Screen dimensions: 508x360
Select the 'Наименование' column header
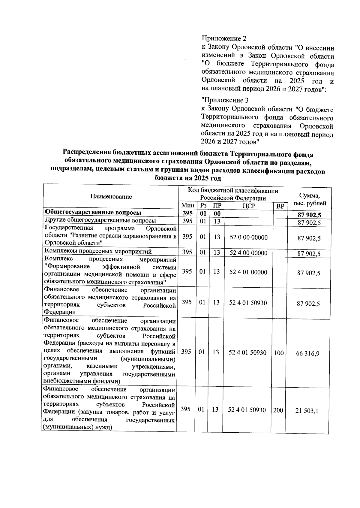111,197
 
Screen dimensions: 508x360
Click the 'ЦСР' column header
249,206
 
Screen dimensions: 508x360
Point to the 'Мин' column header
188,206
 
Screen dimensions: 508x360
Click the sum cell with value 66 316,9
308,353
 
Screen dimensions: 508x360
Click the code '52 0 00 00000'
249,237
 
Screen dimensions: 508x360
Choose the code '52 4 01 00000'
248,272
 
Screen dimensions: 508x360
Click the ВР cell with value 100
279,353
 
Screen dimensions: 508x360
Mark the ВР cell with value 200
278,410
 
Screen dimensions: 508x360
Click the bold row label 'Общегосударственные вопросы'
93,213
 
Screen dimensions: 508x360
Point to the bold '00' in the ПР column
217,213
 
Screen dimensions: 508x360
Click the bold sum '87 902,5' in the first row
309,215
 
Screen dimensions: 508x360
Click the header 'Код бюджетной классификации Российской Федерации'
233,194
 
